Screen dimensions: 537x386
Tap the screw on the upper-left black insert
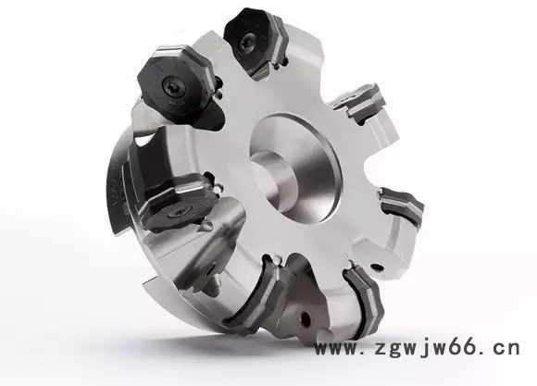click(174, 87)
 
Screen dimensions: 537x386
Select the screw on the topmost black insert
click(245, 43)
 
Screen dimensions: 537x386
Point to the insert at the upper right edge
click(362, 102)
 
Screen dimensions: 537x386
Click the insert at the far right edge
click(403, 205)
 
